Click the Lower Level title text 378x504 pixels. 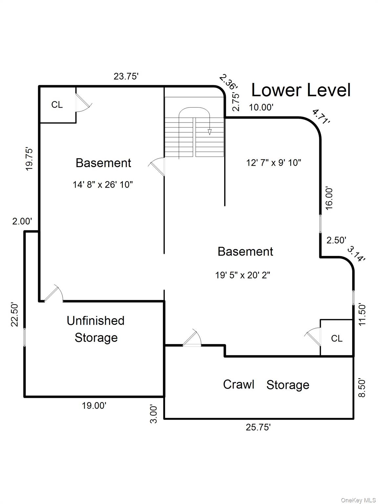tap(301, 90)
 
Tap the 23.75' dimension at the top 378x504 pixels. tap(126, 76)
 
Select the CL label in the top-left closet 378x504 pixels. tap(57, 105)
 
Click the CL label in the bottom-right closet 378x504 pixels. tap(337, 338)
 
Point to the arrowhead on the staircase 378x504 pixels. tap(210, 132)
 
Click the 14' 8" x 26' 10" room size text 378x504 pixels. tap(103, 185)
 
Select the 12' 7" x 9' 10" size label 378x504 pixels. tap(274, 162)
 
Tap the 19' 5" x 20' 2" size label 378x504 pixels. tap(242, 275)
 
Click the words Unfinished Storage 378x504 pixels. tap(96, 329)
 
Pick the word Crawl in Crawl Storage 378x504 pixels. tap(239, 384)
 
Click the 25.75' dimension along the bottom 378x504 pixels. tap(258, 427)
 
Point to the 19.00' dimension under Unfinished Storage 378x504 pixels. tap(94, 406)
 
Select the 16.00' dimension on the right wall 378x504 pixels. tap(329, 198)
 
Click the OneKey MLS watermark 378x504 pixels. tap(358, 500)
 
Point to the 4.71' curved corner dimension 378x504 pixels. tap(321, 117)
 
